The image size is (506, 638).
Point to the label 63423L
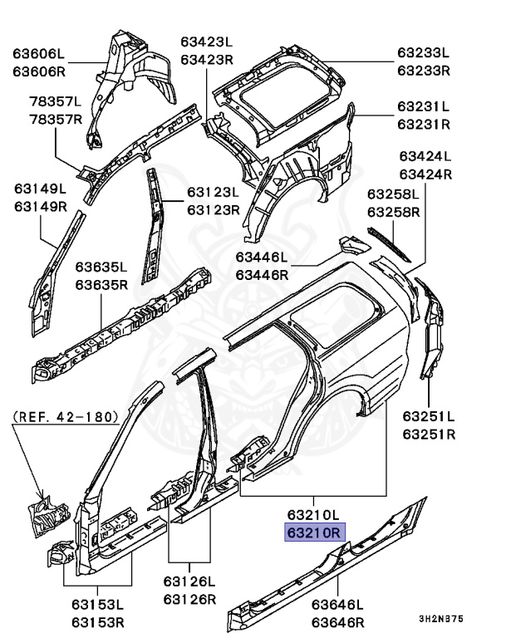pyautogui.click(x=207, y=42)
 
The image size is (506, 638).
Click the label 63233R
pyautogui.click(x=423, y=70)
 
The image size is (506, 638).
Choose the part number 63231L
pyautogui.click(x=423, y=106)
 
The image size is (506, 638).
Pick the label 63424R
pyautogui.click(x=425, y=174)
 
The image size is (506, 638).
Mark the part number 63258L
pyautogui.click(x=396, y=196)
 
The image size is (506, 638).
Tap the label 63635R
pyautogui.click(x=101, y=284)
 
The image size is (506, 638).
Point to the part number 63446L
pyautogui.click(x=262, y=257)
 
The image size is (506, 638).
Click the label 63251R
pyautogui.click(x=429, y=434)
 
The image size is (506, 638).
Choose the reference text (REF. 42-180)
pyautogui.click(x=66, y=415)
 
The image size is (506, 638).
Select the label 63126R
pyautogui.click(x=189, y=599)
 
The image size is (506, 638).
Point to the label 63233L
pyautogui.click(x=423, y=53)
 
